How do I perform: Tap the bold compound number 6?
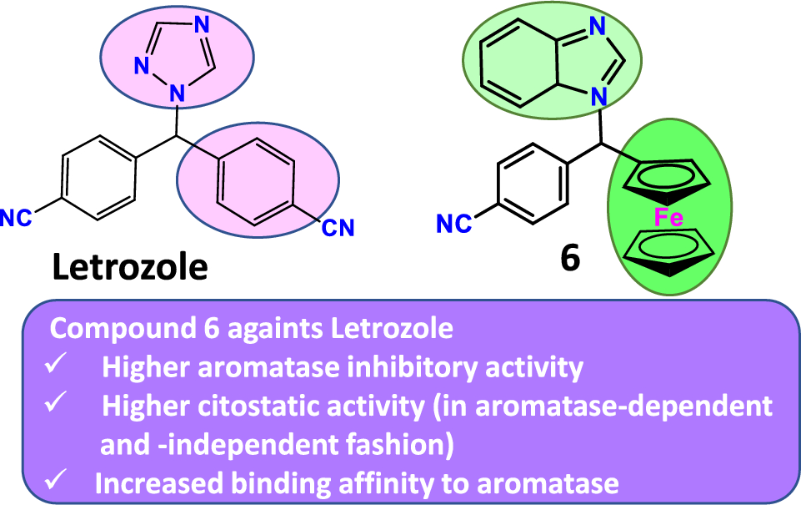click(x=570, y=259)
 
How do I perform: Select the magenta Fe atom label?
click(x=668, y=219)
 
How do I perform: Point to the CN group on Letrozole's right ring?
click(x=338, y=227)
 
